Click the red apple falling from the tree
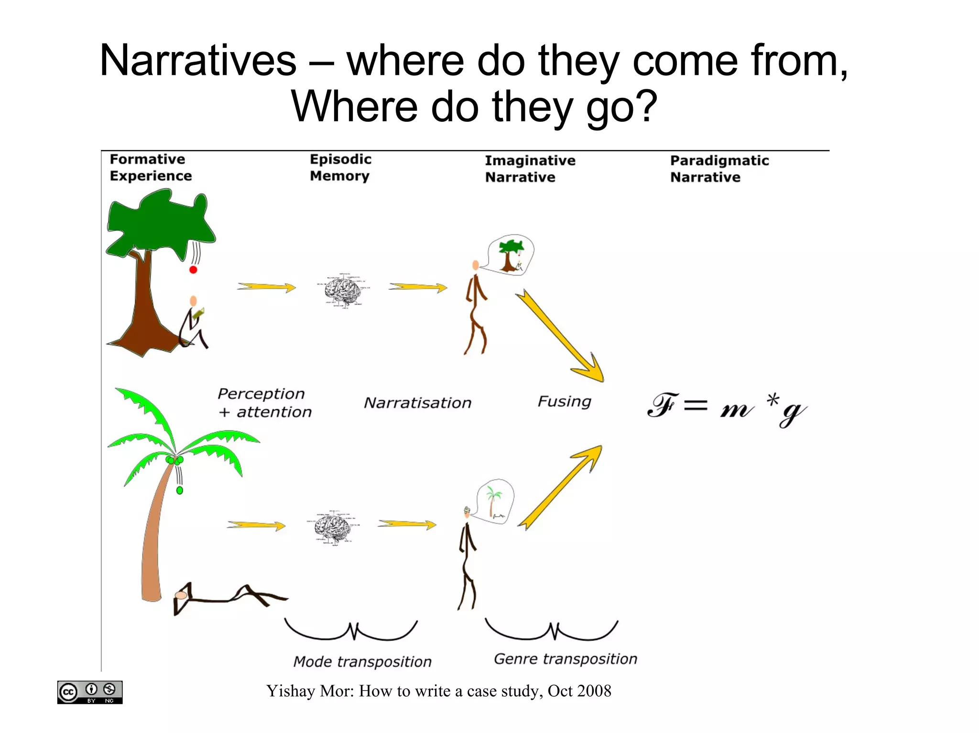tap(193, 270)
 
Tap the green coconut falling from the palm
tap(180, 490)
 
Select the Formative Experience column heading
tap(150, 168)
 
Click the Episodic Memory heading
tap(340, 168)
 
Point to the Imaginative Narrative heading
tap(530, 169)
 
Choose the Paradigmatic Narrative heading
tap(719, 169)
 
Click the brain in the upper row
tap(343, 290)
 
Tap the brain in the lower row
tap(333, 528)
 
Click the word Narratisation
tap(417, 403)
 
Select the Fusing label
tap(564, 401)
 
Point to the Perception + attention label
tap(264, 403)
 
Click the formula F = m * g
tap(726, 409)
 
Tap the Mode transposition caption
tap(362, 661)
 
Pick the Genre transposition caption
tap(565, 659)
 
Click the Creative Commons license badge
tap(90, 692)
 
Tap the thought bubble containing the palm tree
tap(495, 501)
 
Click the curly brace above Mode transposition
tap(351, 630)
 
